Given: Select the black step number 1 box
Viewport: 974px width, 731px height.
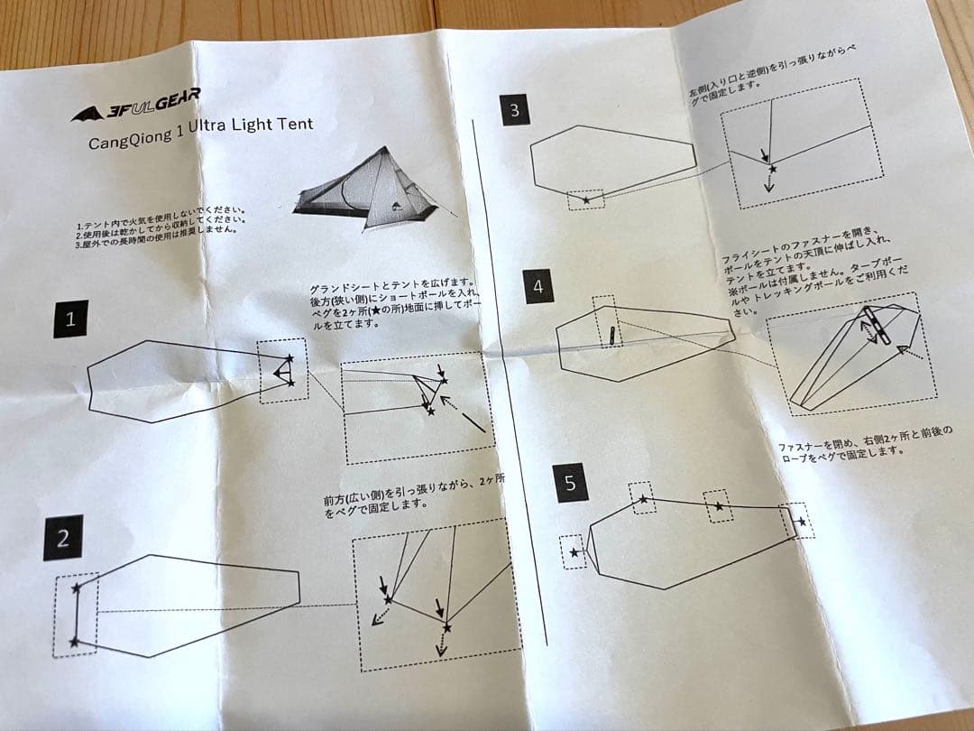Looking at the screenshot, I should pyautogui.click(x=70, y=319).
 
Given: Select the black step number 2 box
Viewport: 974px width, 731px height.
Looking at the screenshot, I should pyautogui.click(x=62, y=538).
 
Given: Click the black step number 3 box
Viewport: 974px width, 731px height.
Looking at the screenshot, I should pyautogui.click(x=514, y=110).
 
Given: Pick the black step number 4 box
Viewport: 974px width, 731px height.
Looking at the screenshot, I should pyautogui.click(x=539, y=287).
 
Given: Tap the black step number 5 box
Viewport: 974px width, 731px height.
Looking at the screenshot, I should pyautogui.click(x=569, y=483).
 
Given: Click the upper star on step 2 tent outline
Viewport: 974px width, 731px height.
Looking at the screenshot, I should pyautogui.click(x=76, y=588).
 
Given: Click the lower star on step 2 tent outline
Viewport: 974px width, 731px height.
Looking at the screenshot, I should pyautogui.click(x=74, y=642).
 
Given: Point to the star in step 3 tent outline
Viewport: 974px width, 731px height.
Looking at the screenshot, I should pyautogui.click(x=587, y=199).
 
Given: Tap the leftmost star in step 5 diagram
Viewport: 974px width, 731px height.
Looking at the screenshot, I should pyautogui.click(x=574, y=552).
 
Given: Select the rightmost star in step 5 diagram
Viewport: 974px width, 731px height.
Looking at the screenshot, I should pyautogui.click(x=800, y=522).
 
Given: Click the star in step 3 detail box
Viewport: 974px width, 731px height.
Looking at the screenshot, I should pyautogui.click(x=772, y=169).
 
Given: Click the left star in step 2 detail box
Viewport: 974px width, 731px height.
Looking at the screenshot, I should pyautogui.click(x=388, y=598).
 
